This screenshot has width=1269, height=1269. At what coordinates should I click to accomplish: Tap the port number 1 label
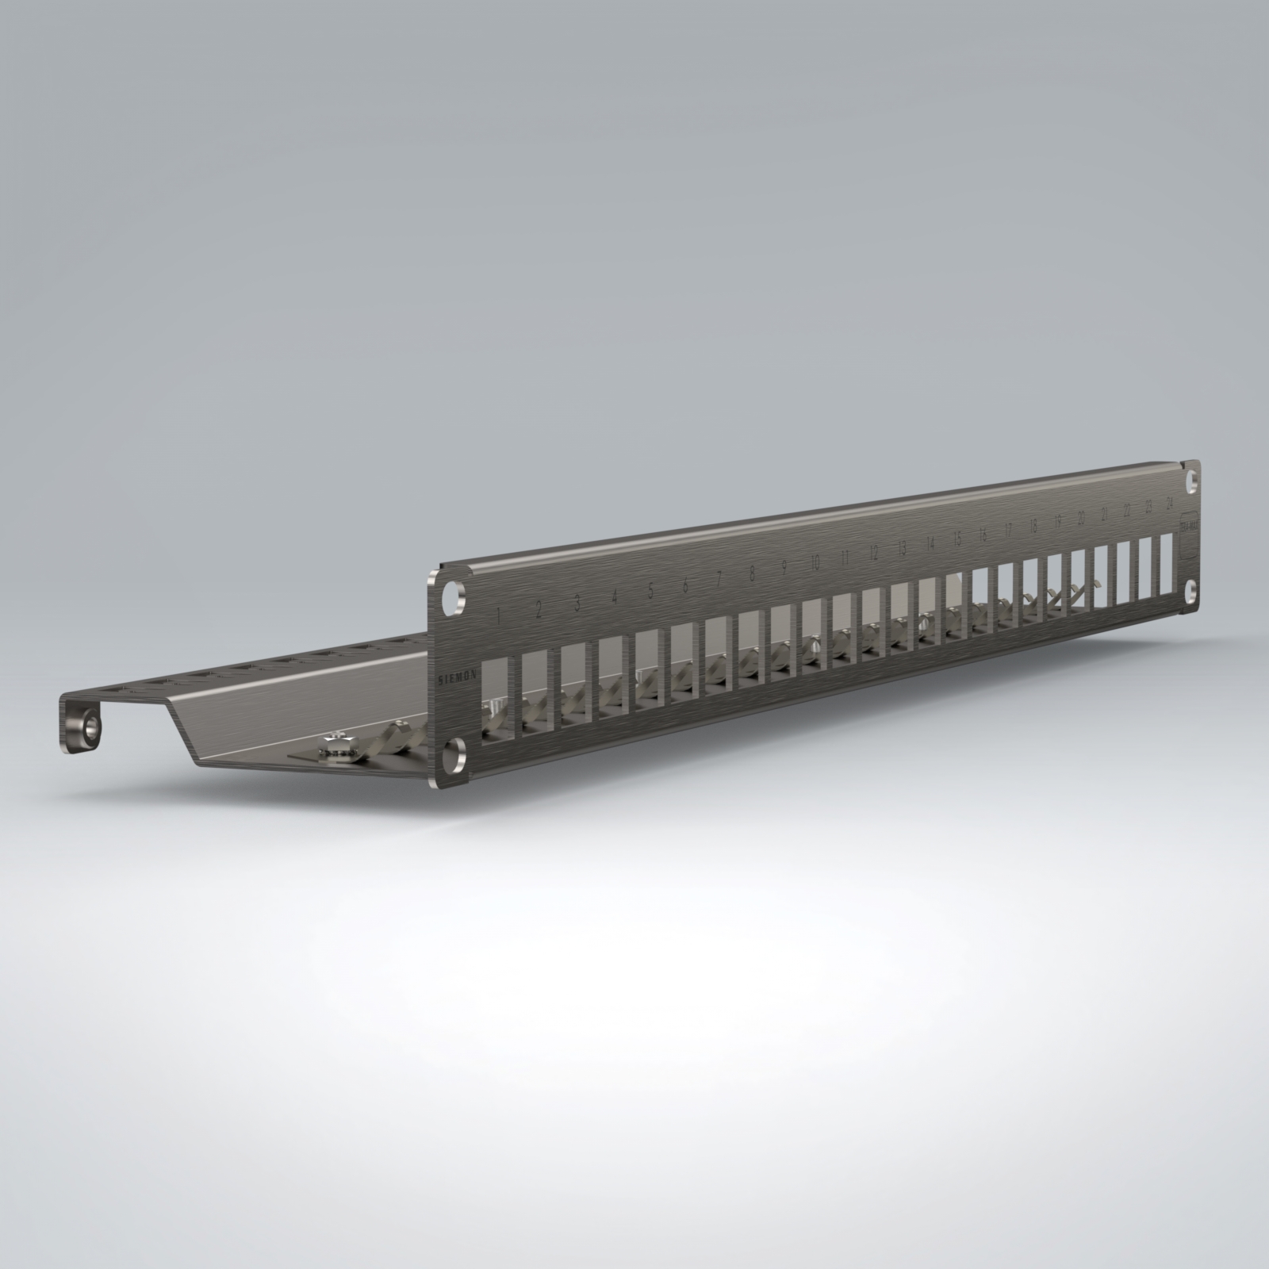point(499,614)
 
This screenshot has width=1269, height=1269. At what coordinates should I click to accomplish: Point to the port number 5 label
point(650,590)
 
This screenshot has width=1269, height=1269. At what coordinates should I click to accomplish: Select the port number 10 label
point(815,564)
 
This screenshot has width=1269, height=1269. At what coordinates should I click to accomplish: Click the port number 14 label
point(930,545)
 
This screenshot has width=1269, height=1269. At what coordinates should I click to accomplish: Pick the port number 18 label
point(1033,528)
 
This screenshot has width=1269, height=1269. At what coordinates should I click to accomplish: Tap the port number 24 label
point(1169,504)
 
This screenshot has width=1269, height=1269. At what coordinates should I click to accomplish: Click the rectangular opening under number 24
point(1166,562)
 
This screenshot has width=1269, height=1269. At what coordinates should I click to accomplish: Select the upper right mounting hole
point(1191,481)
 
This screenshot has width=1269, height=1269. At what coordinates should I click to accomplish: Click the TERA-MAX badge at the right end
point(1189,527)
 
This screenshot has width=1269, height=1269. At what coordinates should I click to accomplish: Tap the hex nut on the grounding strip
point(334,746)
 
